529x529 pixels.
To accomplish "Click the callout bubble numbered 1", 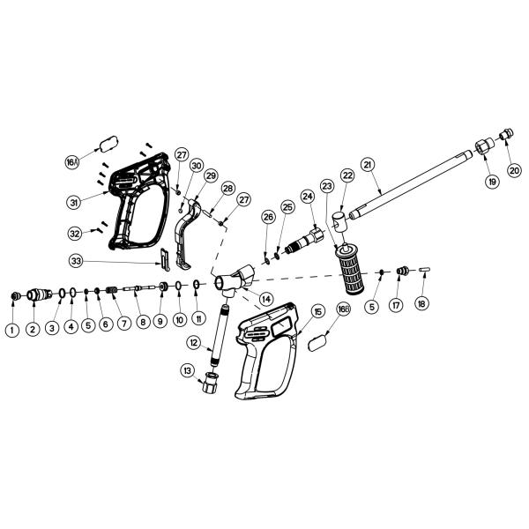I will coord(12,329).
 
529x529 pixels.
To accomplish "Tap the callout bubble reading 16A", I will coord(73,162).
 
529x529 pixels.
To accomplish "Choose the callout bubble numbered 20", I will coord(514,170).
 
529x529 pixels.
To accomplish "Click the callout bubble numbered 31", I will coord(74,202).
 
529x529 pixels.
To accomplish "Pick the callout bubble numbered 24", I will coord(308,196).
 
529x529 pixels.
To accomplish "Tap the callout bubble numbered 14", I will coord(265,300).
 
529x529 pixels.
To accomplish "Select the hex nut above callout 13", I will coord(211,383).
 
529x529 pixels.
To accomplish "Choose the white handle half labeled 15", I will coord(264,353).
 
